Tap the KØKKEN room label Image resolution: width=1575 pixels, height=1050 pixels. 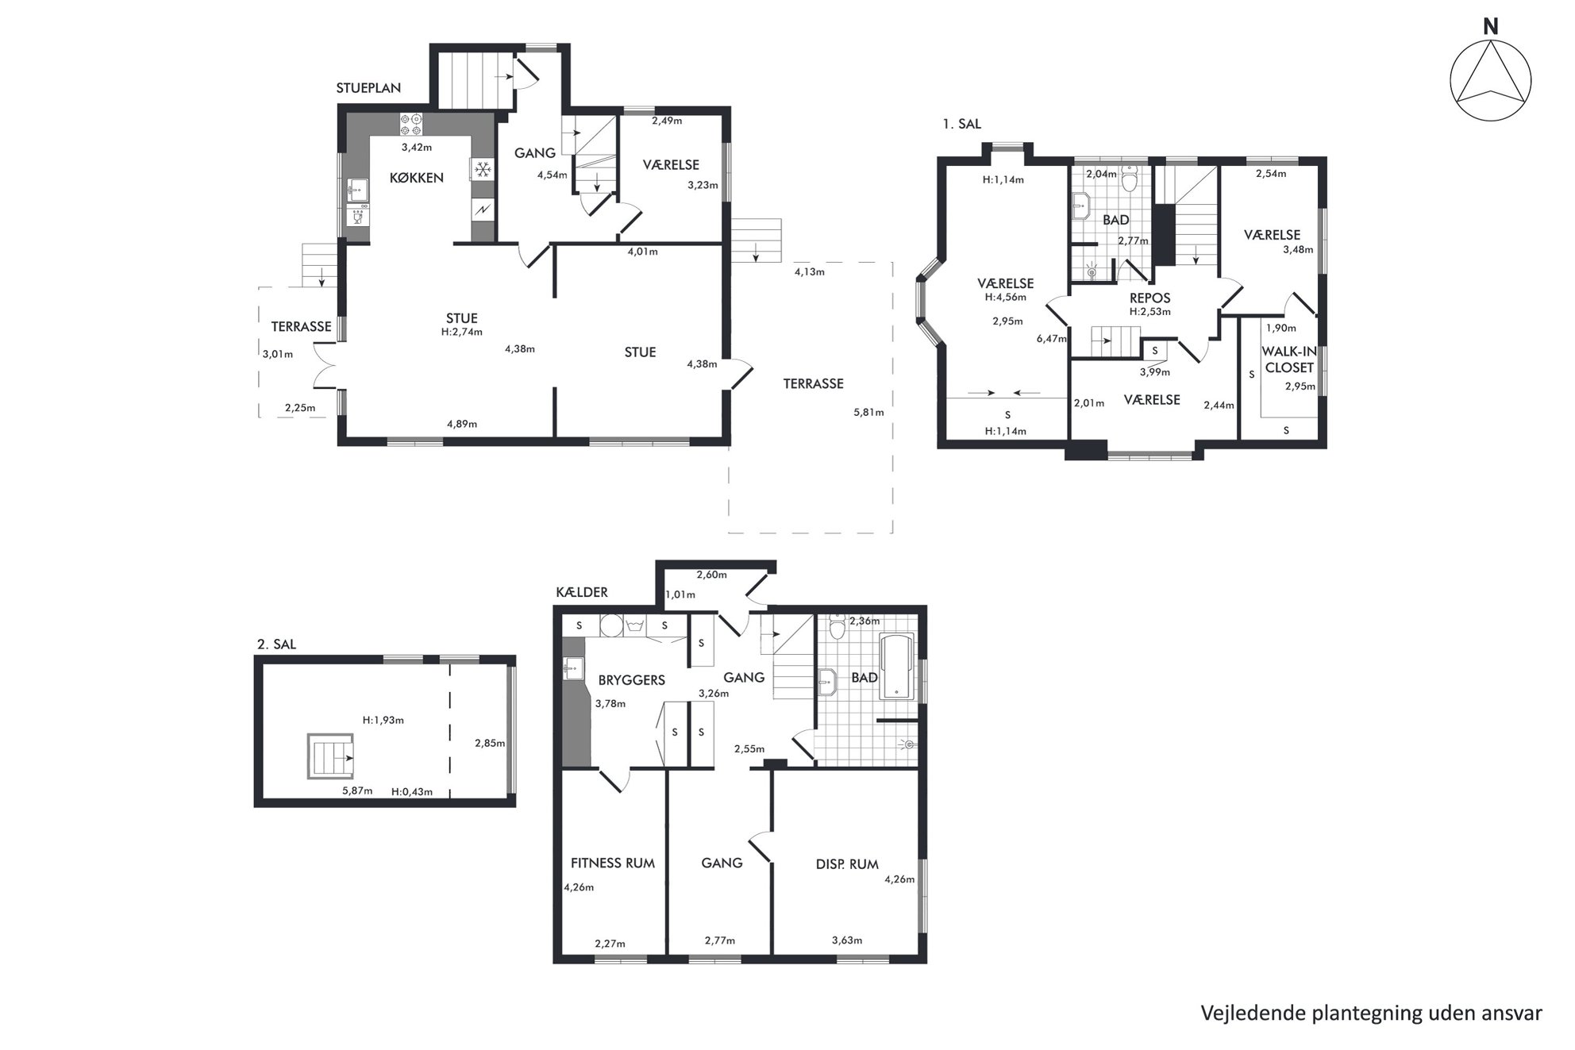(x=416, y=178)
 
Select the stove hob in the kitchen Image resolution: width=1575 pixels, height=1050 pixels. (x=411, y=125)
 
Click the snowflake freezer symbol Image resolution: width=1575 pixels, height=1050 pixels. (x=483, y=169)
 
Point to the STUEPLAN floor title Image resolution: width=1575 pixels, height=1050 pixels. (x=368, y=88)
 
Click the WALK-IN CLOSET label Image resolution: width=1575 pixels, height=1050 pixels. (x=1289, y=360)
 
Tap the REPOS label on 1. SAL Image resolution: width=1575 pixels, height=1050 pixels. (x=1150, y=298)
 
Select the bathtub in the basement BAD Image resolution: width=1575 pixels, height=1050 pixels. (x=897, y=666)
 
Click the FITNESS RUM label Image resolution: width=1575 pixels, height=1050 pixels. (x=613, y=863)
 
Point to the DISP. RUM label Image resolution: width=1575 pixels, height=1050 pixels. (x=847, y=864)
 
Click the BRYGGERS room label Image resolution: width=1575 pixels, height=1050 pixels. (x=632, y=680)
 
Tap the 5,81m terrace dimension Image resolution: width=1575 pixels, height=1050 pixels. (x=868, y=413)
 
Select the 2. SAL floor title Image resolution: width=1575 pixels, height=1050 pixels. (x=276, y=644)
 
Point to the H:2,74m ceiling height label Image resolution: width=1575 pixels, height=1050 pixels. (x=462, y=333)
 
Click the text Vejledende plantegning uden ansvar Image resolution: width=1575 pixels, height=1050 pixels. (x=1371, y=1013)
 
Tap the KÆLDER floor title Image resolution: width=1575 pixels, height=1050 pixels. (x=582, y=592)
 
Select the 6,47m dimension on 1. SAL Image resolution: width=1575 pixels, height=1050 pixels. (x=1052, y=339)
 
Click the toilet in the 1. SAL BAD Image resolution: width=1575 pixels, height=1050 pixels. (x=1130, y=182)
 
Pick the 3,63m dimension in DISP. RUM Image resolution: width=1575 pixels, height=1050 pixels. (x=847, y=940)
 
